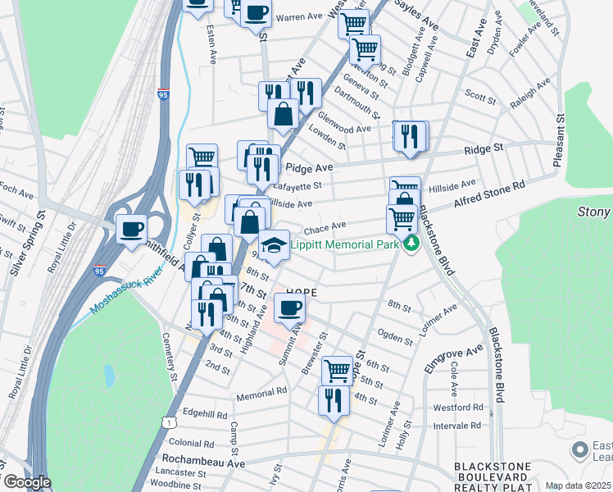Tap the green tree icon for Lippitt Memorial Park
tap(411, 244)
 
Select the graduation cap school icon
tap(275, 244)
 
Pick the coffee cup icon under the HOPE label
tap(288, 307)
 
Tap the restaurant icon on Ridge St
tap(411, 135)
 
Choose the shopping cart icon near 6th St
tap(336, 370)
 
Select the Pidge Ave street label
tap(310, 167)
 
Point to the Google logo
tap(27, 482)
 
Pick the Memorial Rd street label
tap(261, 392)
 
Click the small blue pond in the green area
tap(109, 376)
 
